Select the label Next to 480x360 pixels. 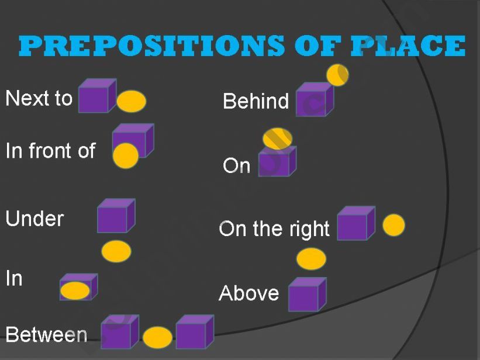point(39,98)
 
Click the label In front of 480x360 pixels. point(50,151)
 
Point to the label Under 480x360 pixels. point(34,219)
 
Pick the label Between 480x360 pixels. point(46,335)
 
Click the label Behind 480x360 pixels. point(255,101)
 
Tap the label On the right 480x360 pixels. point(274,229)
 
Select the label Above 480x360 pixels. point(249,292)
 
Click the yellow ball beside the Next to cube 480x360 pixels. point(132,102)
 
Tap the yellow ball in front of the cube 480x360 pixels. point(125,156)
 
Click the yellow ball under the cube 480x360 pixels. point(116,251)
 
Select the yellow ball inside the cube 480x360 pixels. point(75,290)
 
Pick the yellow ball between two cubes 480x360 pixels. point(158,338)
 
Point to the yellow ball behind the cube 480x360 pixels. point(338,75)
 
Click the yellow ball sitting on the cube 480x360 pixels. point(277,139)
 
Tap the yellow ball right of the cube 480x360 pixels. point(393,225)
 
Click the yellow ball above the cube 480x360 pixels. point(311,259)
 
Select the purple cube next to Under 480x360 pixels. point(115,216)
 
